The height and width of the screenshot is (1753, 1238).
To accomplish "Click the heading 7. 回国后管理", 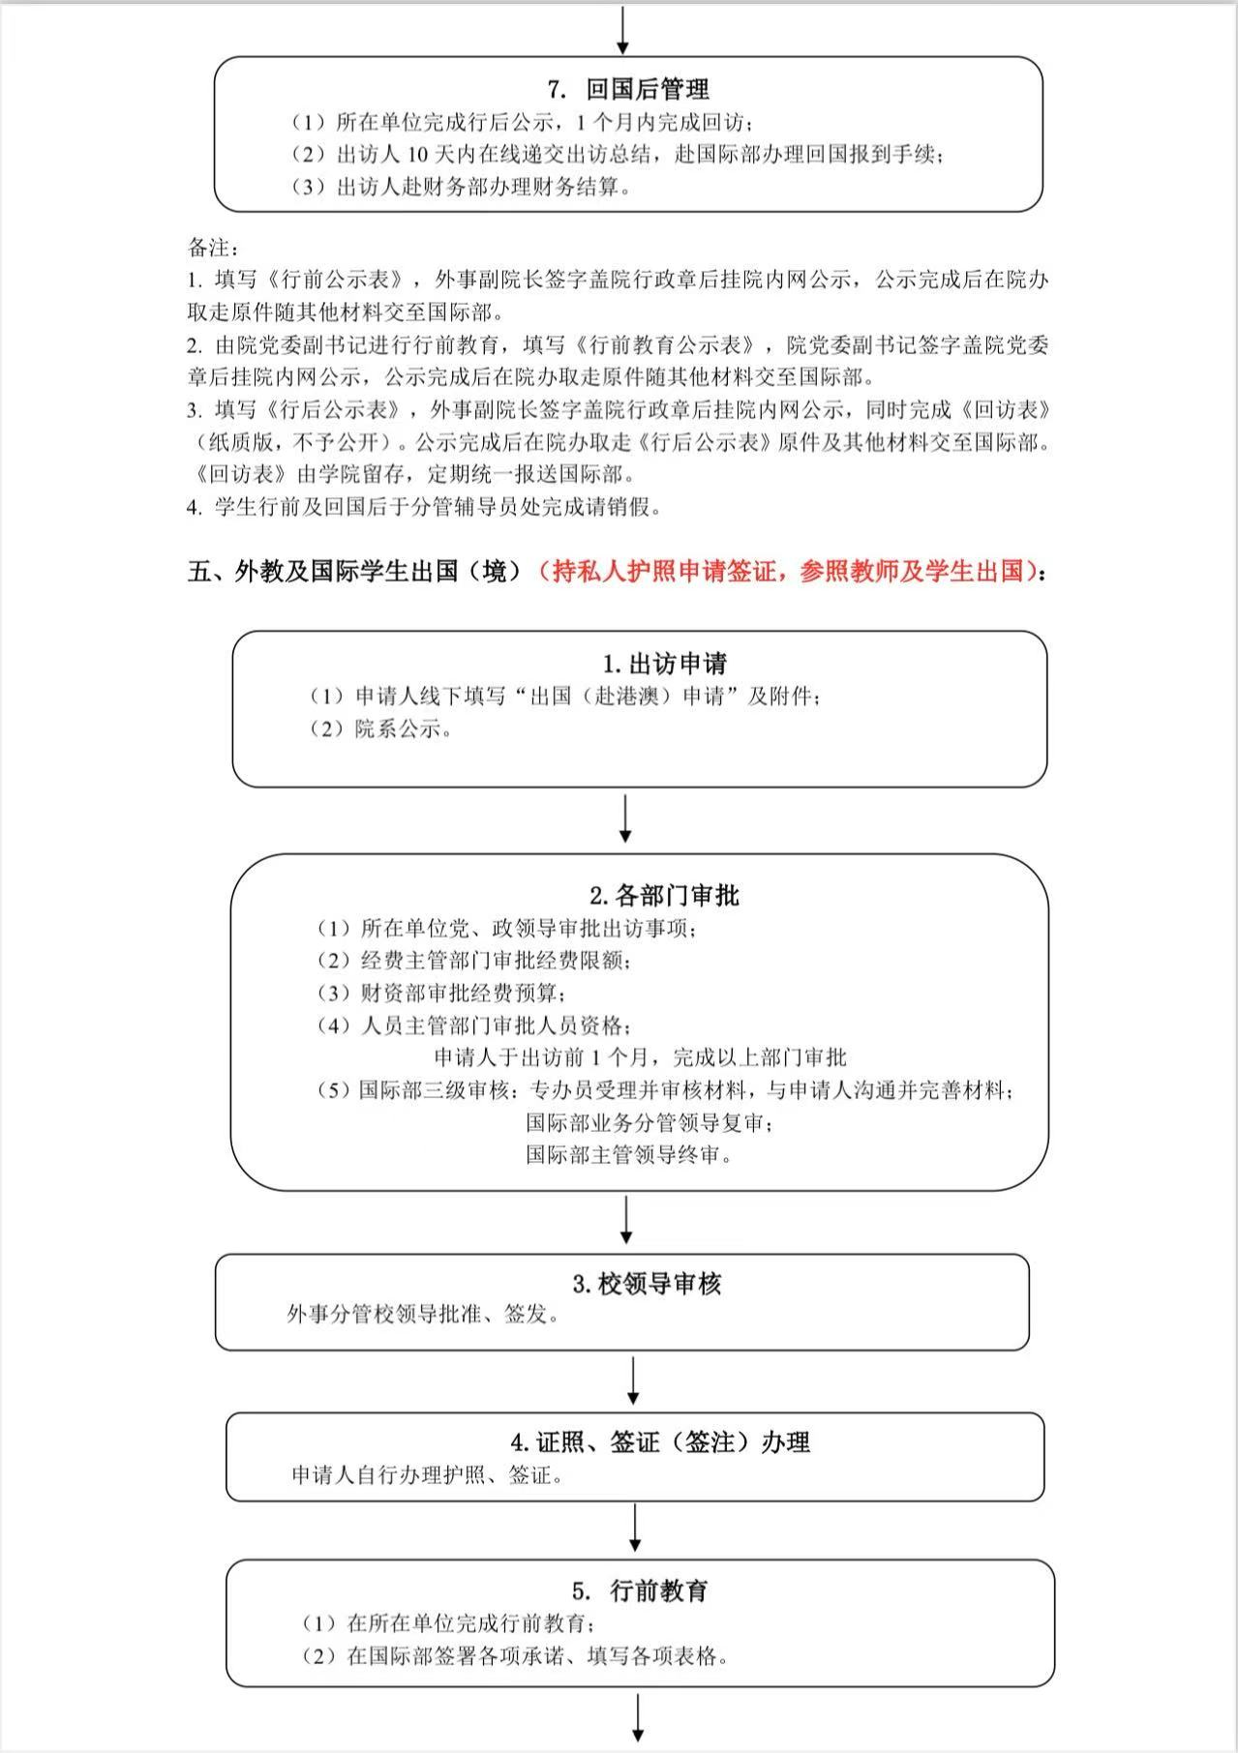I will (628, 90).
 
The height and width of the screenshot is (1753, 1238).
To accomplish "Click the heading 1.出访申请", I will (664, 665).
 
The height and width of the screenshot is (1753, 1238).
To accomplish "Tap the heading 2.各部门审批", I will (664, 896).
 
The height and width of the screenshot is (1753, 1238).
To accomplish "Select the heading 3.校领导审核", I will (647, 1285).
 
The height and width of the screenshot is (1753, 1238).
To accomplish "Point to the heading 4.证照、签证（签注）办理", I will (660, 1442).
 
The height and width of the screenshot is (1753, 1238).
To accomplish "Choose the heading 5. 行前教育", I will (640, 1590).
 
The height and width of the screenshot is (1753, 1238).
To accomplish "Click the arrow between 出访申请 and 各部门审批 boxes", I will (625, 818).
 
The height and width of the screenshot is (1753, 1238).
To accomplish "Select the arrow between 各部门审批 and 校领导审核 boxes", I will (626, 1219).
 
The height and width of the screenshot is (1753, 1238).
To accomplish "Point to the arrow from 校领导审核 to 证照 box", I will (633, 1381).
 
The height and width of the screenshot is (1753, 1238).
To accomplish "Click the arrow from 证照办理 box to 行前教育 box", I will (636, 1528).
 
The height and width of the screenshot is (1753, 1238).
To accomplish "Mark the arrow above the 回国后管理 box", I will (623, 29).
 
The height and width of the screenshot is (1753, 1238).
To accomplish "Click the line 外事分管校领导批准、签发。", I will (424, 1315).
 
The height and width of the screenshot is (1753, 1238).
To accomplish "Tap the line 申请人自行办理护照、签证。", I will (428, 1475).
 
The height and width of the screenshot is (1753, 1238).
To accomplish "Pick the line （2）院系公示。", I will (381, 729).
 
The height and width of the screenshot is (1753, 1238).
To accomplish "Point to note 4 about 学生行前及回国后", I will (424, 507).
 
